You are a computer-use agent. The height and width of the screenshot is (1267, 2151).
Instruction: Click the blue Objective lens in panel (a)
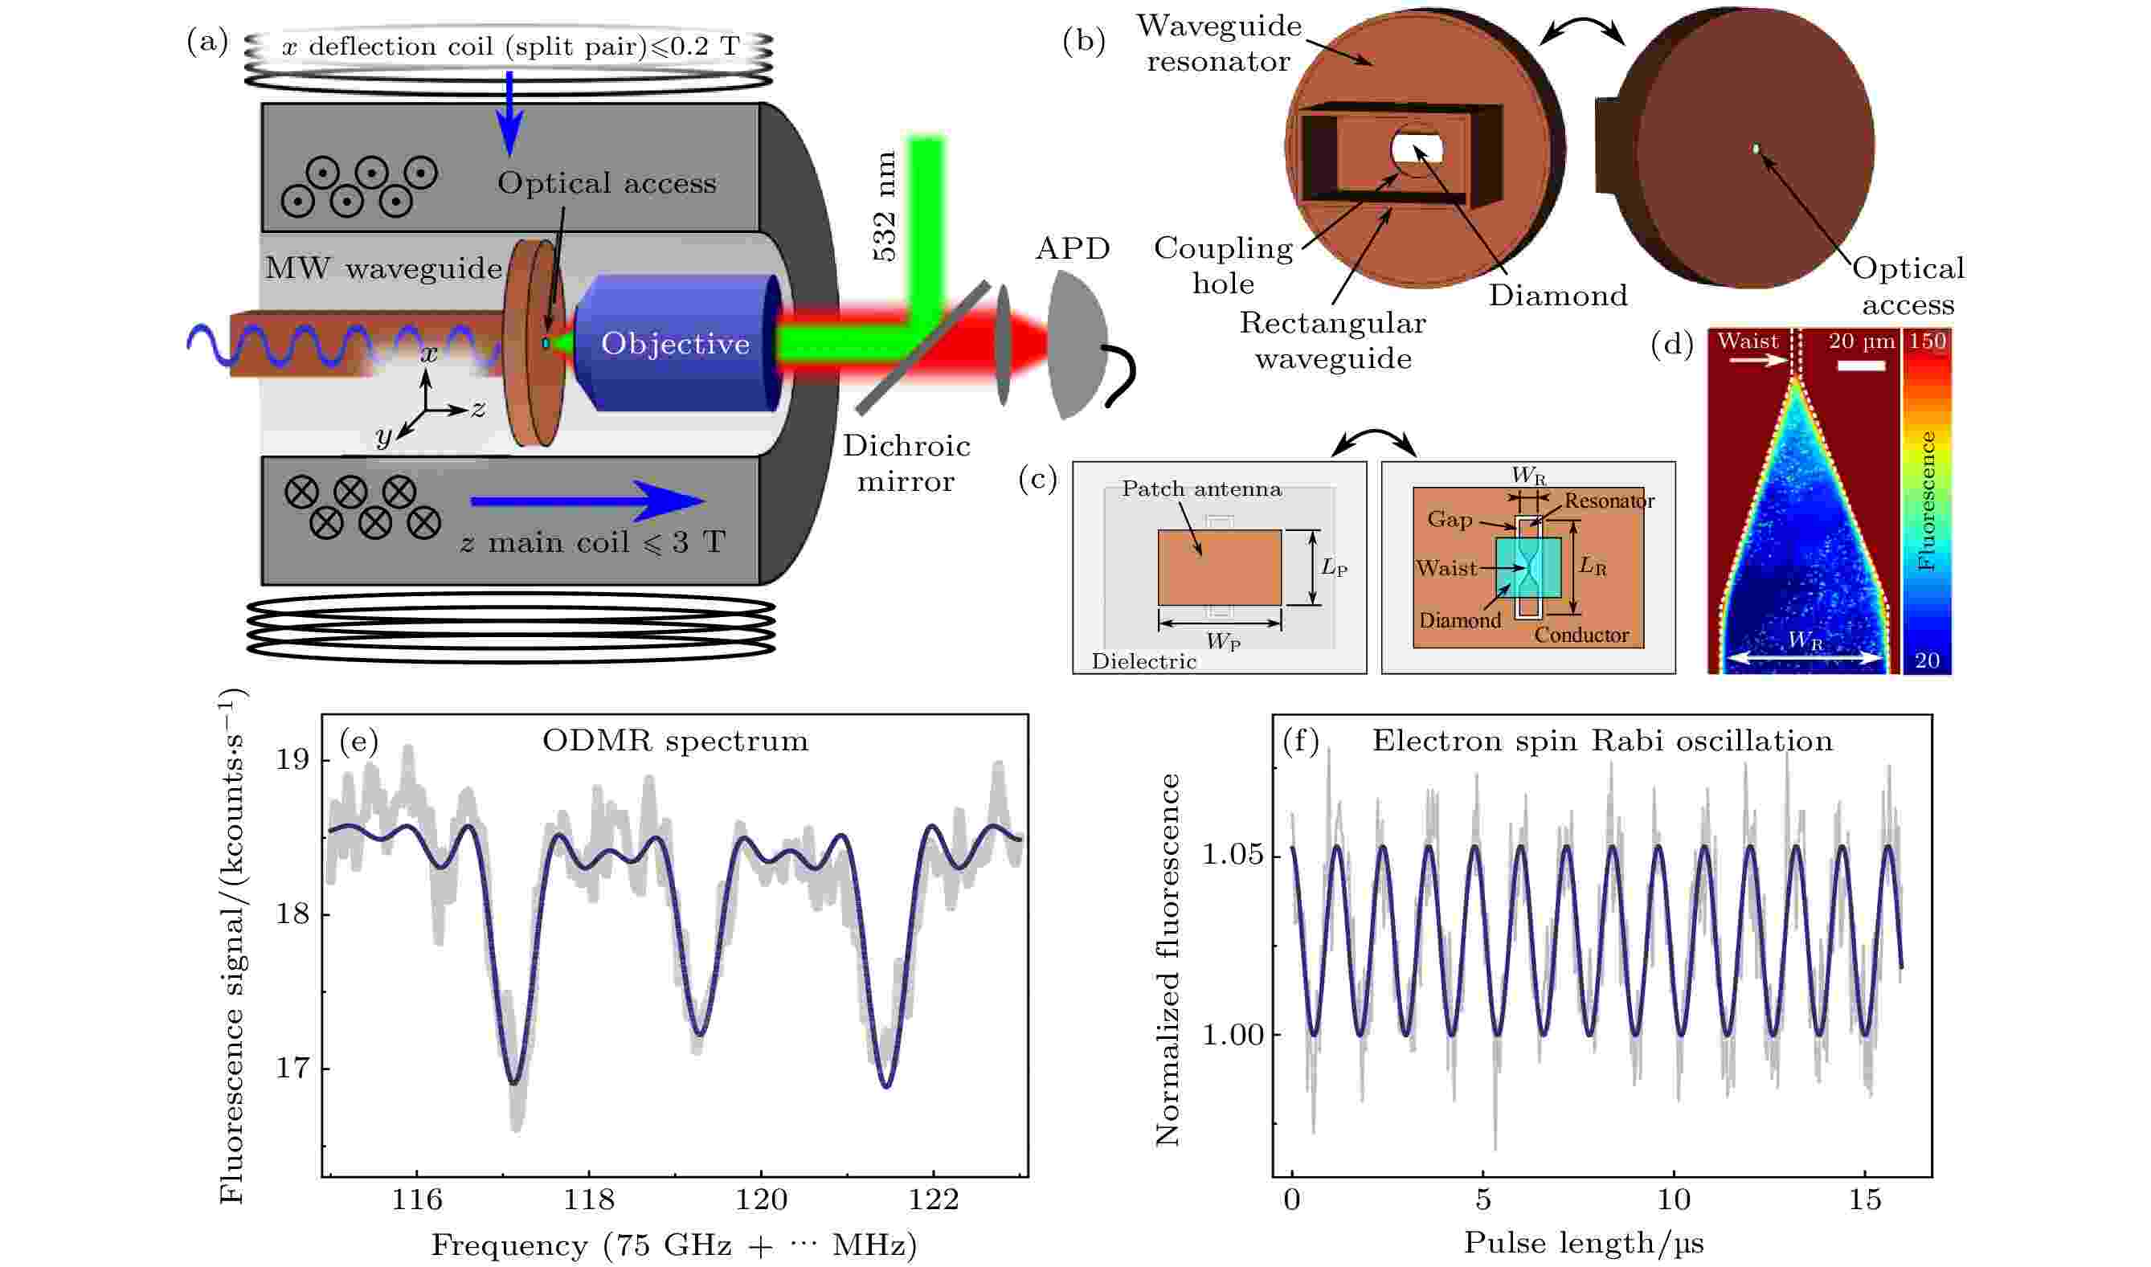coord(675,343)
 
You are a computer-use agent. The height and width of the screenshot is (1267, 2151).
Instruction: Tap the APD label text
coord(1073,248)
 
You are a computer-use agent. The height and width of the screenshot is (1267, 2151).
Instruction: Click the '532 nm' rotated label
coord(885,206)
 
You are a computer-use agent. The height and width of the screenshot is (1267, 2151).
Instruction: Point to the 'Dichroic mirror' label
coord(906,464)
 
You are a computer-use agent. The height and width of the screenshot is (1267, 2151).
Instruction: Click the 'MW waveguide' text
coord(383,268)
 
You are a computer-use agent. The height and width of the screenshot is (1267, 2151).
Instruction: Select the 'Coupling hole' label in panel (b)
coord(1224,265)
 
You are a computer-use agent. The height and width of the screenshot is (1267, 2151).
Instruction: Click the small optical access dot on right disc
coord(1756,149)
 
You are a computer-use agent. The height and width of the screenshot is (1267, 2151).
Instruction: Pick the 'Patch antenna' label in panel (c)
coord(1200,489)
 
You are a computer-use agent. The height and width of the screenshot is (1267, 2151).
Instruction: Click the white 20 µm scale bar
coord(1861,366)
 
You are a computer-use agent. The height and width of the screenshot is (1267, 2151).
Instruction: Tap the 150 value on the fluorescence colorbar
coord(1928,341)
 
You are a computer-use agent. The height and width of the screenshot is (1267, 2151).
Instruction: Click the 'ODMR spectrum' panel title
coord(675,740)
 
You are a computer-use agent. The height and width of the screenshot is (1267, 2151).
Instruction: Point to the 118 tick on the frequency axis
coord(588,1200)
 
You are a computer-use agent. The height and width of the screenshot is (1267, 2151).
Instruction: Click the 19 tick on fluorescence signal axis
coord(292,759)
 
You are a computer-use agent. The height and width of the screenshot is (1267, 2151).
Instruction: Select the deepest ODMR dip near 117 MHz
coord(514,1082)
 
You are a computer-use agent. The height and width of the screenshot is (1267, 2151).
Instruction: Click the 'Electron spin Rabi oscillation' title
coord(1602,740)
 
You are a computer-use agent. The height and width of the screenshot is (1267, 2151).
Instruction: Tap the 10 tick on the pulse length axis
coord(1674,1200)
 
